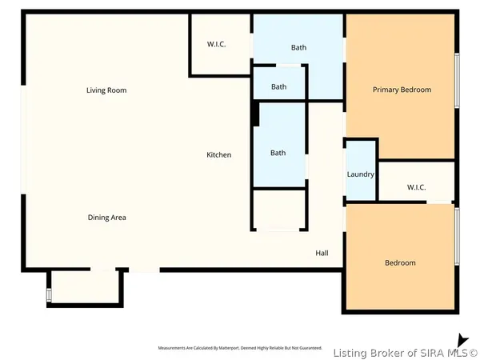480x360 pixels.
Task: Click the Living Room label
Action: pyautogui.click(x=106, y=90)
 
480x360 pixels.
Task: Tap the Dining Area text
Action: pyautogui.click(x=106, y=218)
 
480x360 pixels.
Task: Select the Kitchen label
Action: pyautogui.click(x=219, y=154)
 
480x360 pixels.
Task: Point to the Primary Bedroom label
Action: pyautogui.click(x=402, y=90)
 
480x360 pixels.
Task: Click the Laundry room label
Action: pyautogui.click(x=360, y=174)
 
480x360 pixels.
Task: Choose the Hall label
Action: pyautogui.click(x=322, y=253)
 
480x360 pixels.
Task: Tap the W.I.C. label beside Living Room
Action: pyautogui.click(x=217, y=45)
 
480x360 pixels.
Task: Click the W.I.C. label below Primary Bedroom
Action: pyautogui.click(x=416, y=187)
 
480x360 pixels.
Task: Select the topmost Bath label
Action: pyautogui.click(x=298, y=48)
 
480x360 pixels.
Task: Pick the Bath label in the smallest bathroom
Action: pyautogui.click(x=278, y=87)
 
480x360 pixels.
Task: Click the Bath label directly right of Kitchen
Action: pyautogui.click(x=278, y=153)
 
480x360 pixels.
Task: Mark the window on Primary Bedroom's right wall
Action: pyautogui.click(x=457, y=80)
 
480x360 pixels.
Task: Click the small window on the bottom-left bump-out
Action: pyautogui.click(x=49, y=295)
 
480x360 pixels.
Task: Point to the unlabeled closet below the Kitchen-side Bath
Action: pyautogui.click(x=279, y=210)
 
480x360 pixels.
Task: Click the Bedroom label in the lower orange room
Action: pyautogui.click(x=400, y=262)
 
